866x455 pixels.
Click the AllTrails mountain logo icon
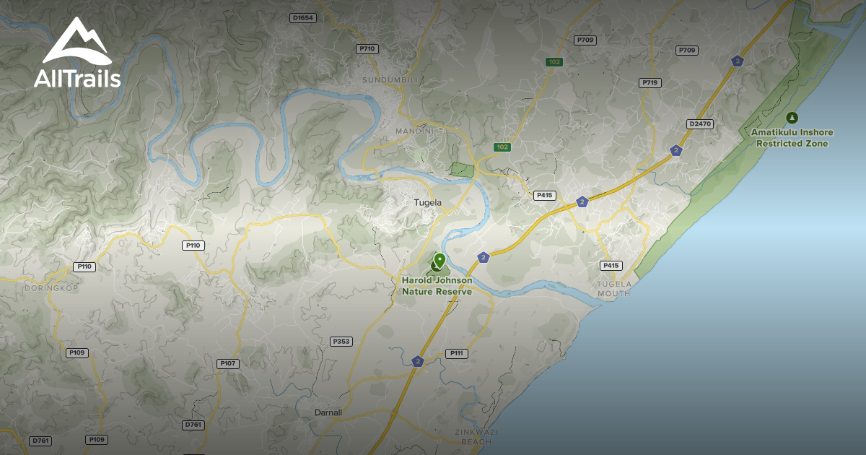76,42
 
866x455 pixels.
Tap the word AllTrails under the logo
77,78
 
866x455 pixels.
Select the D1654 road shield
303,17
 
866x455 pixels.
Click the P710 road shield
367,48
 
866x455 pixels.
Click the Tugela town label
427,203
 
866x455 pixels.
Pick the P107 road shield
227,363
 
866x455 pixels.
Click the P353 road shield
341,341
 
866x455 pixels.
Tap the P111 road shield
456,353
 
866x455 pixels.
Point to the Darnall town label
328,412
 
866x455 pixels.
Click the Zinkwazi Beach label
476,436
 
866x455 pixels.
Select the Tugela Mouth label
614,288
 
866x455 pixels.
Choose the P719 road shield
650,83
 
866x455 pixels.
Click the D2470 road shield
700,124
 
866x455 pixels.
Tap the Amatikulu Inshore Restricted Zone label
792,138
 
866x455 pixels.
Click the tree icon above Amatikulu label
792,117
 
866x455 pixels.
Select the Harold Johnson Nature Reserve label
437,286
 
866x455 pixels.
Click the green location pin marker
439,261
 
